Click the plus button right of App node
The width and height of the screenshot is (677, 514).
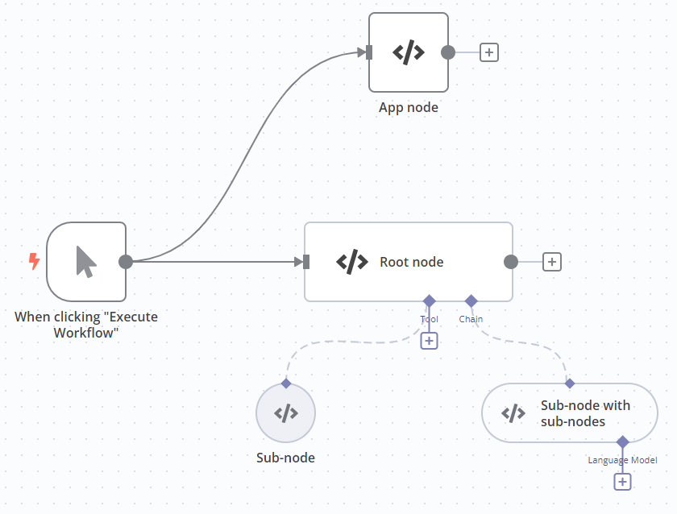(x=489, y=52)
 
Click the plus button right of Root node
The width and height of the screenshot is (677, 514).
(x=552, y=262)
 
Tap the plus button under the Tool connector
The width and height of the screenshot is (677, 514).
(x=429, y=341)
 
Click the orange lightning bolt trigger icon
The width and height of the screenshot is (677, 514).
(x=34, y=261)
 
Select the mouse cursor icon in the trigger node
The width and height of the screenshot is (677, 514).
(x=86, y=262)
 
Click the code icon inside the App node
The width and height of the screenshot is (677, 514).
(x=409, y=52)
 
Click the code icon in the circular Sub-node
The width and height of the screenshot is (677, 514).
(x=285, y=413)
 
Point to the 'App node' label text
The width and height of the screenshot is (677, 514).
(x=409, y=107)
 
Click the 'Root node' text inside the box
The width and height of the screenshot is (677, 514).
(x=412, y=262)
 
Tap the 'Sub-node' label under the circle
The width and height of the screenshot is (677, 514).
(x=285, y=458)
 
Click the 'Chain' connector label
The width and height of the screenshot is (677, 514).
(x=471, y=319)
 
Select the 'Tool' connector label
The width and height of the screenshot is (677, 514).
(x=429, y=319)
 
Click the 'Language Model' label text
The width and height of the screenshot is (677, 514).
(x=622, y=460)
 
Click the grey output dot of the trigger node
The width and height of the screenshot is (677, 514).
(x=126, y=262)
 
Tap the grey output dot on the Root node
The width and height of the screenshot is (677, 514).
(x=510, y=262)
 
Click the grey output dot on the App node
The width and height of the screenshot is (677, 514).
(x=448, y=52)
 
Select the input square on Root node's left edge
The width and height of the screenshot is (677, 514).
(x=306, y=262)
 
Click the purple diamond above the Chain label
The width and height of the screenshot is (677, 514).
(x=471, y=301)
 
